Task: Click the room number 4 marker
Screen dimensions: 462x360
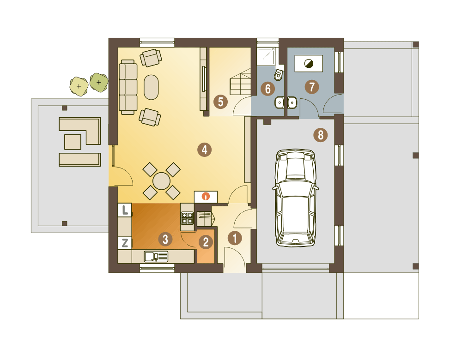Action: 205,150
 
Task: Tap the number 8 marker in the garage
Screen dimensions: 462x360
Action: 321,135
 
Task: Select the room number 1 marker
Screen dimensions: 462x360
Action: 235,238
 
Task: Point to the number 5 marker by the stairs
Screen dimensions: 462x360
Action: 220,102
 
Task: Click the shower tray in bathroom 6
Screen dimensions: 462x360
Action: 267,56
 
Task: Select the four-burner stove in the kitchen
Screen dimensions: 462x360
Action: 187,218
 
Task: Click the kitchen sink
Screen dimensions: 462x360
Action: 156,257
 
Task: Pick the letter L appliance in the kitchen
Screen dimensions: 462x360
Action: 125,210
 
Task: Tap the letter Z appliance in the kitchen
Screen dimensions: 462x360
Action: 125,243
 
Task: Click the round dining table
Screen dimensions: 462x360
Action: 161,181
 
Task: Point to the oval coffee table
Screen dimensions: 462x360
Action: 151,87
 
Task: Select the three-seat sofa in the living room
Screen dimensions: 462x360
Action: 128,87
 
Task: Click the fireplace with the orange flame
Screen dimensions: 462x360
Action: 206,196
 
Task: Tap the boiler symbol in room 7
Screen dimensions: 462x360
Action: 309,63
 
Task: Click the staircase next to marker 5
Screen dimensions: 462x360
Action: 240,82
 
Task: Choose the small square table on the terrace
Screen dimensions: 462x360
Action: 73,142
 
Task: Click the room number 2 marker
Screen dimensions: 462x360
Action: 206,242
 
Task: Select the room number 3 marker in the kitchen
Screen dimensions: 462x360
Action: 165,240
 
